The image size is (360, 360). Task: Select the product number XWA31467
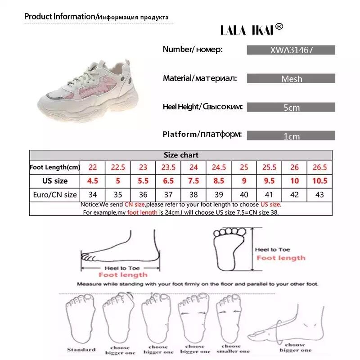(x=291, y=50)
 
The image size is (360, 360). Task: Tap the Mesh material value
(x=291, y=79)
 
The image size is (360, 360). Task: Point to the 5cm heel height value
(x=291, y=108)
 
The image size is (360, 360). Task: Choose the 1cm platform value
(x=291, y=136)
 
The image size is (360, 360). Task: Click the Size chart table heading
(x=181, y=155)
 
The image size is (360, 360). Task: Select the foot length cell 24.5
(x=219, y=167)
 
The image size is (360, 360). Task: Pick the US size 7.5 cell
(x=193, y=181)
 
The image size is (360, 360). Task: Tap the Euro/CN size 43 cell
(x=319, y=195)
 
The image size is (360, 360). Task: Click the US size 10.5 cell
(x=319, y=181)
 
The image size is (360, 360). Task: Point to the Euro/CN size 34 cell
(x=93, y=195)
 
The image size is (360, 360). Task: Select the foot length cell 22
(x=93, y=167)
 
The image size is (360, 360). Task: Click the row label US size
(x=55, y=181)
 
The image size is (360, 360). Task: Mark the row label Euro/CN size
(x=55, y=195)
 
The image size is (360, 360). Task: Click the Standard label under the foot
(x=81, y=349)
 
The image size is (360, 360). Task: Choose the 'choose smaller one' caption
(x=232, y=349)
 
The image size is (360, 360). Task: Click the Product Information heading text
(x=60, y=17)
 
